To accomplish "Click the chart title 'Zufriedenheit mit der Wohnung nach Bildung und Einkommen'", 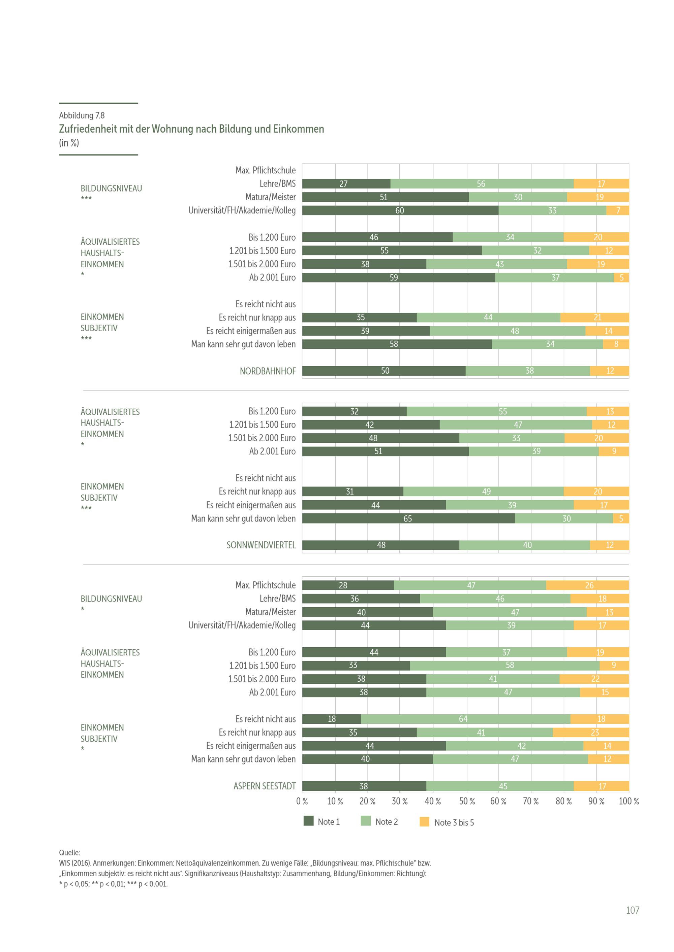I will click(191, 129).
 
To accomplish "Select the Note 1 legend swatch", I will click(308, 821).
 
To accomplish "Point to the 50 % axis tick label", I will click(466, 801).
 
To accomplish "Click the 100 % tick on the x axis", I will click(629, 801).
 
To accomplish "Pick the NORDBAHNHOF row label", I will click(268, 371).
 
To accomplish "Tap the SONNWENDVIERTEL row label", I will click(261, 545).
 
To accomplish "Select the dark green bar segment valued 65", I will click(408, 518).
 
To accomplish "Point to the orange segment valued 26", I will click(587, 585).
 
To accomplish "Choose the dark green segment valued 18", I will click(332, 719).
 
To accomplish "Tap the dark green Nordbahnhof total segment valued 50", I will click(384, 371).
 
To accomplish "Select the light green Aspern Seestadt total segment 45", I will click(500, 786).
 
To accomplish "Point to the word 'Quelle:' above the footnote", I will click(69, 852).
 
